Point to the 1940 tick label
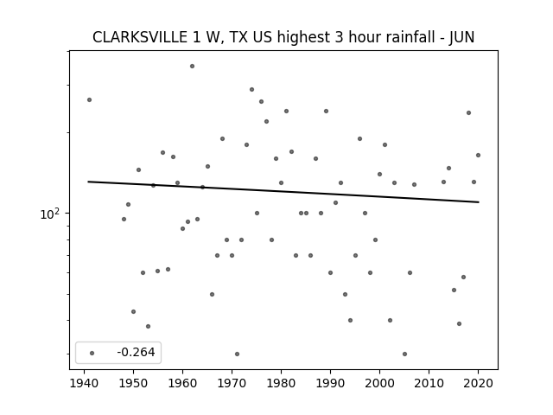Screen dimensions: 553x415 [84, 383]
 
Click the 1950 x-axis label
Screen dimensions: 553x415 [133, 383]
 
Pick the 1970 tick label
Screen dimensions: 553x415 [232, 383]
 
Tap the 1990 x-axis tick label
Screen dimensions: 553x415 [330, 383]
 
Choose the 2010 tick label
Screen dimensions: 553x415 [429, 383]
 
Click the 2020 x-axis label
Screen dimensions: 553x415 [478, 383]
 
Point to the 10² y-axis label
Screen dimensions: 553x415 [50, 214]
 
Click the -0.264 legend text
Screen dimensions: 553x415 [136, 352]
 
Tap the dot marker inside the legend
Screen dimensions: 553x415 [92, 353]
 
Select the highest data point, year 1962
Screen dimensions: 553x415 [192, 66]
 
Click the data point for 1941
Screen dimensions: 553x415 [89, 100]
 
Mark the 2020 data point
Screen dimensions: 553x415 [478, 155]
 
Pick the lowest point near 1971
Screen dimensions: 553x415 [237, 354]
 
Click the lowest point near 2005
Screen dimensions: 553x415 [404, 354]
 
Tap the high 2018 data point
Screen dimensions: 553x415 [468, 113]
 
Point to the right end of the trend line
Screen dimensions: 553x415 [479, 202]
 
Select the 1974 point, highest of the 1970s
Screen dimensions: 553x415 [251, 90]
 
